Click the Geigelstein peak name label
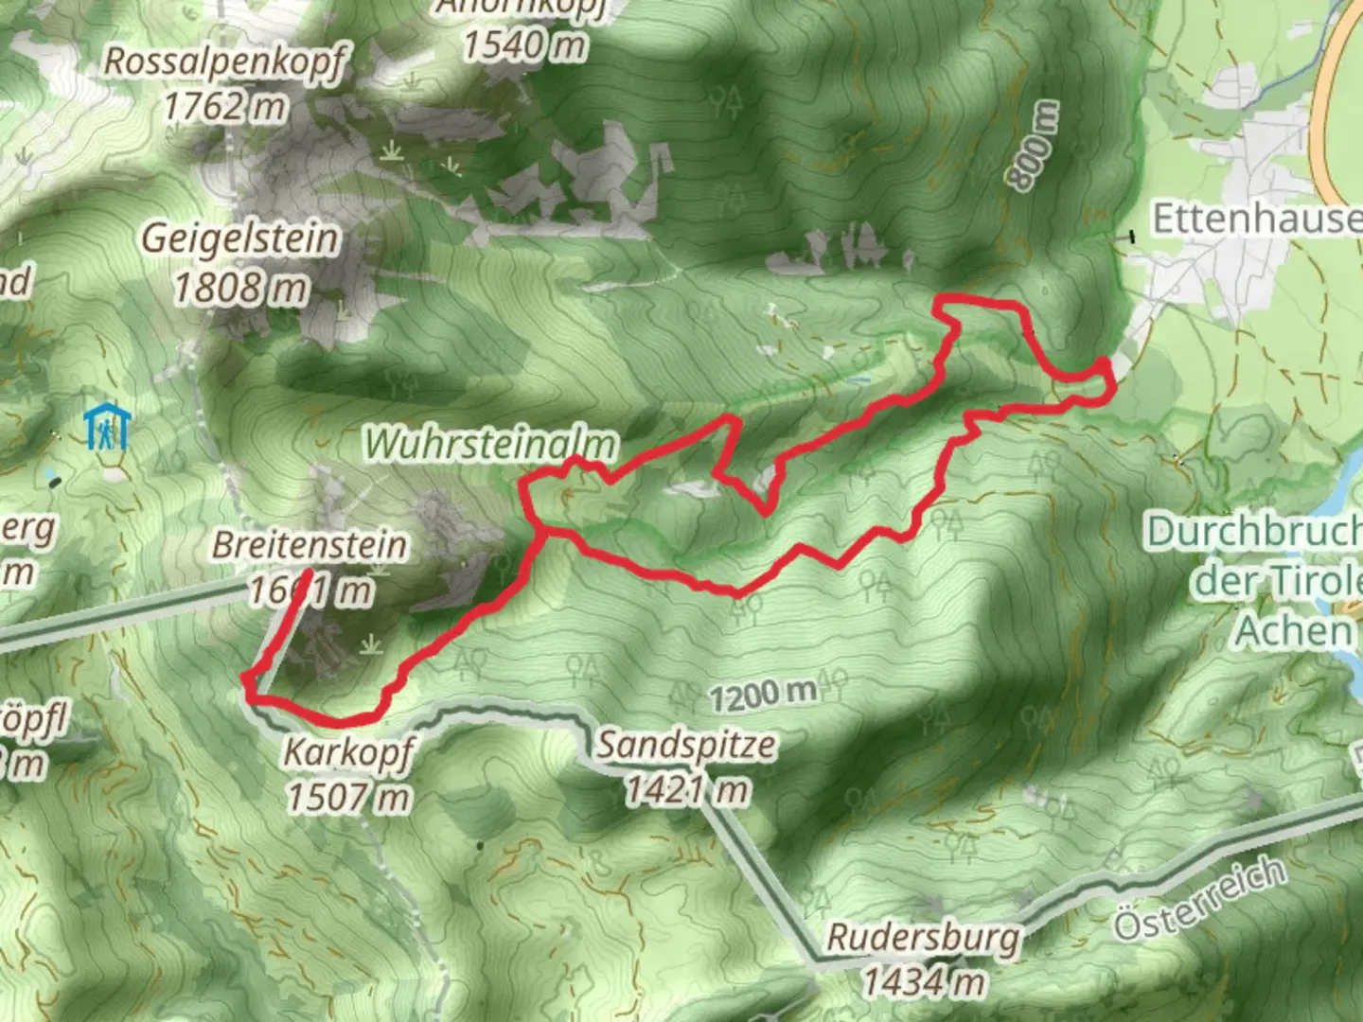pyautogui.click(x=240, y=238)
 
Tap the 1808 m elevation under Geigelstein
pyautogui.click(x=240, y=287)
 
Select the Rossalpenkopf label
pyautogui.click(x=225, y=62)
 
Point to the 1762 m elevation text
pyautogui.click(x=225, y=106)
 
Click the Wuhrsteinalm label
pyautogui.click(x=491, y=444)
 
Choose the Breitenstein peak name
pyautogui.click(x=310, y=545)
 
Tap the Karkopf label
pyautogui.click(x=348, y=753)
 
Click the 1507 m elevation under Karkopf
pyautogui.click(x=348, y=798)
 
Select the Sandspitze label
pyautogui.click(x=686, y=746)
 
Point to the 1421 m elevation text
pyautogui.click(x=686, y=790)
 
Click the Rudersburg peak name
pyautogui.click(x=924, y=938)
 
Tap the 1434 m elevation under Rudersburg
pyautogui.click(x=924, y=982)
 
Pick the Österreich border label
pyautogui.click(x=1200, y=899)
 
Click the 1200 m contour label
pyautogui.click(x=763, y=696)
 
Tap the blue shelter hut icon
pyautogui.click(x=106, y=428)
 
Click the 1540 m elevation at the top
pyautogui.click(x=524, y=44)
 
